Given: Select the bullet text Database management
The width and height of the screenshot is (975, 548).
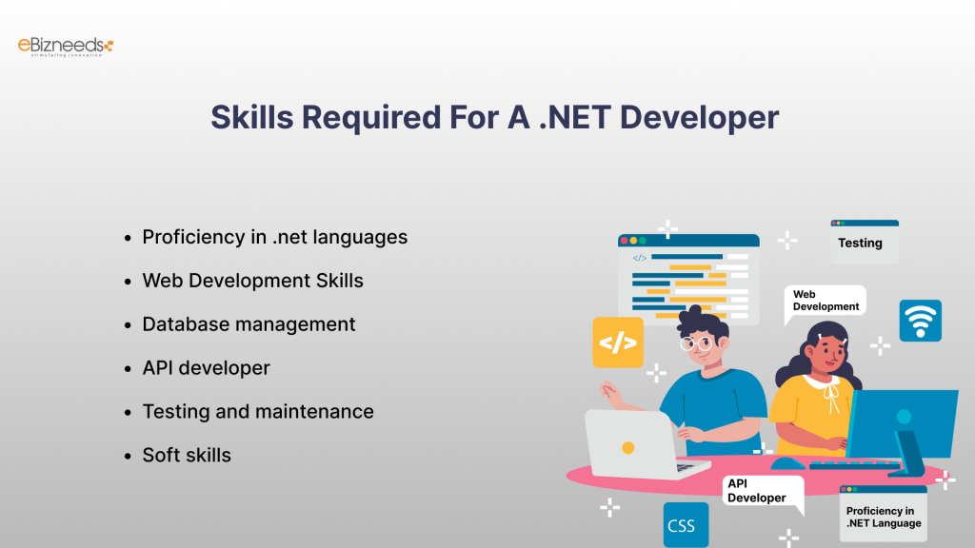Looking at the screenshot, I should [249, 324].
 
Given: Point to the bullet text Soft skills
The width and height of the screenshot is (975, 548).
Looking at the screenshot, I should [187, 456].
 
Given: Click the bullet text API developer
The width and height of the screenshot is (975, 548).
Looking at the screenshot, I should [206, 368].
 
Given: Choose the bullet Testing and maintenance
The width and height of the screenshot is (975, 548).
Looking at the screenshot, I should [257, 412].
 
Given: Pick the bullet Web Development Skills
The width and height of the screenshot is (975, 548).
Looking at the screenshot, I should [252, 281].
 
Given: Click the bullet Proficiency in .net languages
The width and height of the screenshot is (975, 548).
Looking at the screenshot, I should [274, 237].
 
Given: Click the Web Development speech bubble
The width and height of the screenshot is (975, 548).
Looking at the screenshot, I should [826, 302].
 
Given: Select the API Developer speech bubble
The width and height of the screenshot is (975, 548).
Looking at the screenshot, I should [760, 492].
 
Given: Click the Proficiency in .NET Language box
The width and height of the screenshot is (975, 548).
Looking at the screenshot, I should [883, 516].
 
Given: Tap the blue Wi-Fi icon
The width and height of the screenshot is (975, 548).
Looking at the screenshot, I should [920, 321].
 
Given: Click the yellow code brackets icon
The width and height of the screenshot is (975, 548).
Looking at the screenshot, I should [618, 342].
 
